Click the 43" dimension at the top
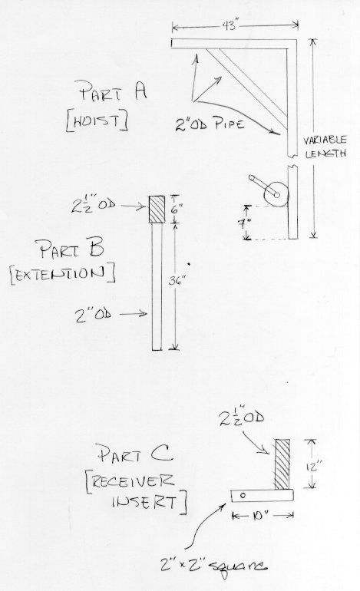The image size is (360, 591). pyautogui.click(x=230, y=25)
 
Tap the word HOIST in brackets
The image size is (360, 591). pyautogui.click(x=96, y=121)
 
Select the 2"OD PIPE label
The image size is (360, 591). pyautogui.click(x=210, y=124)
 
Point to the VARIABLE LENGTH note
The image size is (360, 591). pyautogui.click(x=325, y=147)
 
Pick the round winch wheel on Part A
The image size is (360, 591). pyautogui.click(x=276, y=194)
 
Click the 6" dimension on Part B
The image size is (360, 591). pyautogui.click(x=175, y=210)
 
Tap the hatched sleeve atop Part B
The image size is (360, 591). pyautogui.click(x=157, y=210)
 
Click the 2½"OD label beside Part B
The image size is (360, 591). pyautogui.click(x=93, y=205)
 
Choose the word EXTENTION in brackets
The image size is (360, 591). pyautogui.click(x=61, y=274)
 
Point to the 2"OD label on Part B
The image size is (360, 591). pyautogui.click(x=93, y=314)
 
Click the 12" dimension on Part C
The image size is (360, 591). pyautogui.click(x=312, y=467)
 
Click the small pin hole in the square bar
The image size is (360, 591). pyautogui.click(x=243, y=495)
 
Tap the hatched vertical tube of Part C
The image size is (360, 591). pyautogui.click(x=282, y=464)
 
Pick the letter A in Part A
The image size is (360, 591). pyautogui.click(x=140, y=91)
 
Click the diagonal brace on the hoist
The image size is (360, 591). pyautogui.click(x=248, y=89)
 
